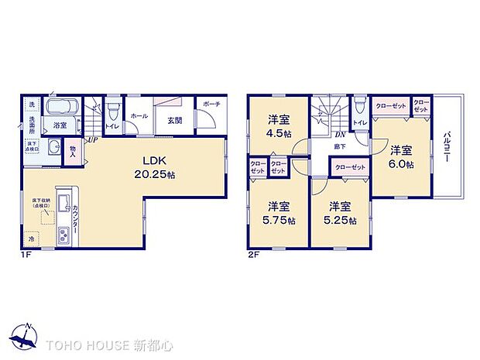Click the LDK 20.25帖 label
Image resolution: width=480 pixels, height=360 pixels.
157,168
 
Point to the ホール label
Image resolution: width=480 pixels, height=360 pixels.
139,116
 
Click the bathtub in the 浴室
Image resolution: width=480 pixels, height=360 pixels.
59,108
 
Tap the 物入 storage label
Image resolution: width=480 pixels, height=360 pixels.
73,151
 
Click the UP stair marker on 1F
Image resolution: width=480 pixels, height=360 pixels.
92,140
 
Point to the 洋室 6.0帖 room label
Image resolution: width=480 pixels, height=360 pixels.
400,156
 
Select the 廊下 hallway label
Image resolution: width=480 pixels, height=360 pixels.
339,145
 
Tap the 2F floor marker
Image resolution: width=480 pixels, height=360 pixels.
254,254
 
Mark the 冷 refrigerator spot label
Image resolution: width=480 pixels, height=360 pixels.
31,238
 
